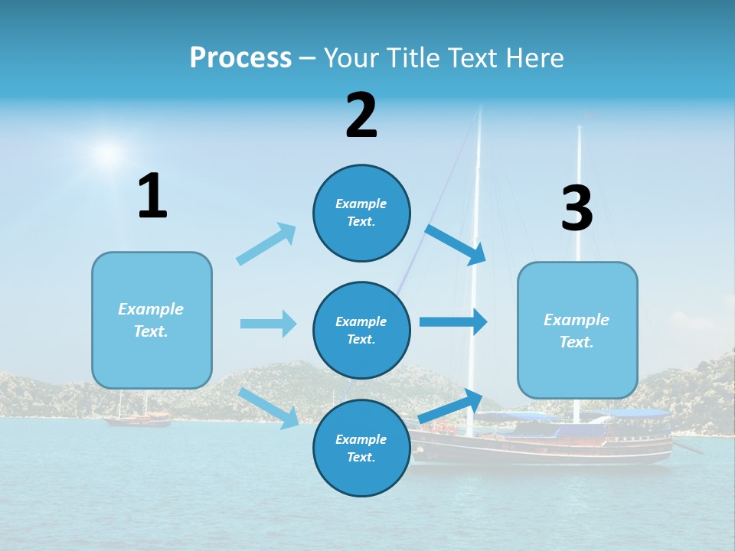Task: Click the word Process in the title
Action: pyautogui.click(x=240, y=57)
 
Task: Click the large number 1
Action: pyautogui.click(x=152, y=197)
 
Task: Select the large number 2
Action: pyautogui.click(x=361, y=116)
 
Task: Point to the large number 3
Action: pyautogui.click(x=577, y=208)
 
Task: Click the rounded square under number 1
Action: pyautogui.click(x=152, y=320)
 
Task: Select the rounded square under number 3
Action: pyautogui.click(x=577, y=330)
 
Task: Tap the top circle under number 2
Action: pyautogui.click(x=361, y=213)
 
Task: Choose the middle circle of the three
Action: pyautogui.click(x=361, y=330)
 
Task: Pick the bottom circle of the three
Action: pyautogui.click(x=361, y=448)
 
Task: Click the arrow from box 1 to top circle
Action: pyautogui.click(x=266, y=244)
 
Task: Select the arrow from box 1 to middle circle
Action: pyautogui.click(x=268, y=324)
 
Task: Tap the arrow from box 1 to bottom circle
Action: pyautogui.click(x=269, y=408)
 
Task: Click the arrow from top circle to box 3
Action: pyautogui.click(x=456, y=244)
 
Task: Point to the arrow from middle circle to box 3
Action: pyautogui.click(x=453, y=322)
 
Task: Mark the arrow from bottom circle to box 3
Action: pyautogui.click(x=451, y=406)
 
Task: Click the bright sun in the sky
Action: pyautogui.click(x=108, y=153)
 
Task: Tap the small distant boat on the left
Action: pyautogui.click(x=138, y=418)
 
